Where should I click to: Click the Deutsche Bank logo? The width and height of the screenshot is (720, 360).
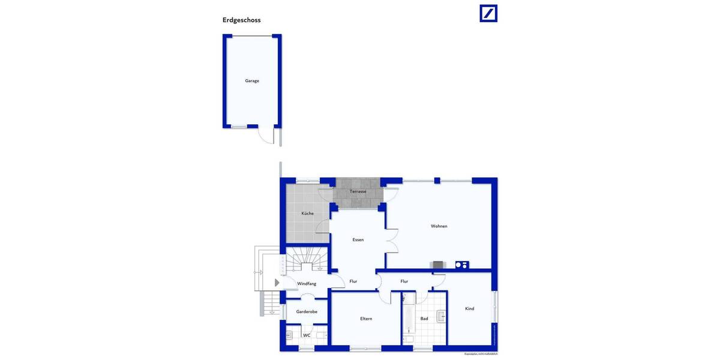(488, 13)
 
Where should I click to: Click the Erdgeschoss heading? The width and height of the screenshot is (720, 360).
(241, 20)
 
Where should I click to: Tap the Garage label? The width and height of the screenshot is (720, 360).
(252, 80)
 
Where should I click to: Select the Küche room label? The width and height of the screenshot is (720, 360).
(307, 213)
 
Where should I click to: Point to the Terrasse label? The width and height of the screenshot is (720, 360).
(358, 191)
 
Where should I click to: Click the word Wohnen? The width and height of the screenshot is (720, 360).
(439, 226)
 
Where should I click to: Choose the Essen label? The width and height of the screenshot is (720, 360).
(358, 239)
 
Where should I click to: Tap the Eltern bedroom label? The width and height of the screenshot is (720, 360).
(366, 319)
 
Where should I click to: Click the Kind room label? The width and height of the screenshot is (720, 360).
(469, 308)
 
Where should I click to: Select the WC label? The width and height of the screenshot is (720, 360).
(307, 335)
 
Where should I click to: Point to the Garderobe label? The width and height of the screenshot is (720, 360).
(307, 311)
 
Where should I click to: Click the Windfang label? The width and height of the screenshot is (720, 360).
(307, 283)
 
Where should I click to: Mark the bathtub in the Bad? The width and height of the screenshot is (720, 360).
(408, 314)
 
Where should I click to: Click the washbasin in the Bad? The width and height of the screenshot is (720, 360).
(441, 316)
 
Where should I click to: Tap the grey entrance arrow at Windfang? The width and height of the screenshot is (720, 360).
(277, 283)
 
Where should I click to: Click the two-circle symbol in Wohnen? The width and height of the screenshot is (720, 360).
(461, 265)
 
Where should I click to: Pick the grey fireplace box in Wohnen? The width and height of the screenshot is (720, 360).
(438, 265)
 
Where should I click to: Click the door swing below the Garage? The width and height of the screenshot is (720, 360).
(266, 136)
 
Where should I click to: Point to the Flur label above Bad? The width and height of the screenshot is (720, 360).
(404, 281)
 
